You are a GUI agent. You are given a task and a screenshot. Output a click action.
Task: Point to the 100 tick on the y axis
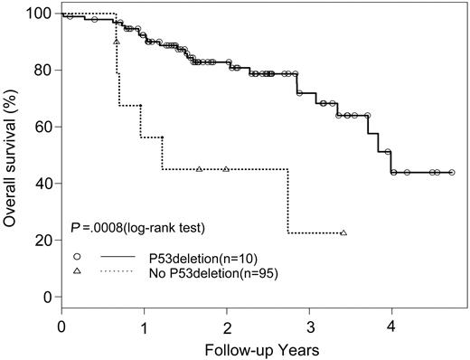tap(39, 14)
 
